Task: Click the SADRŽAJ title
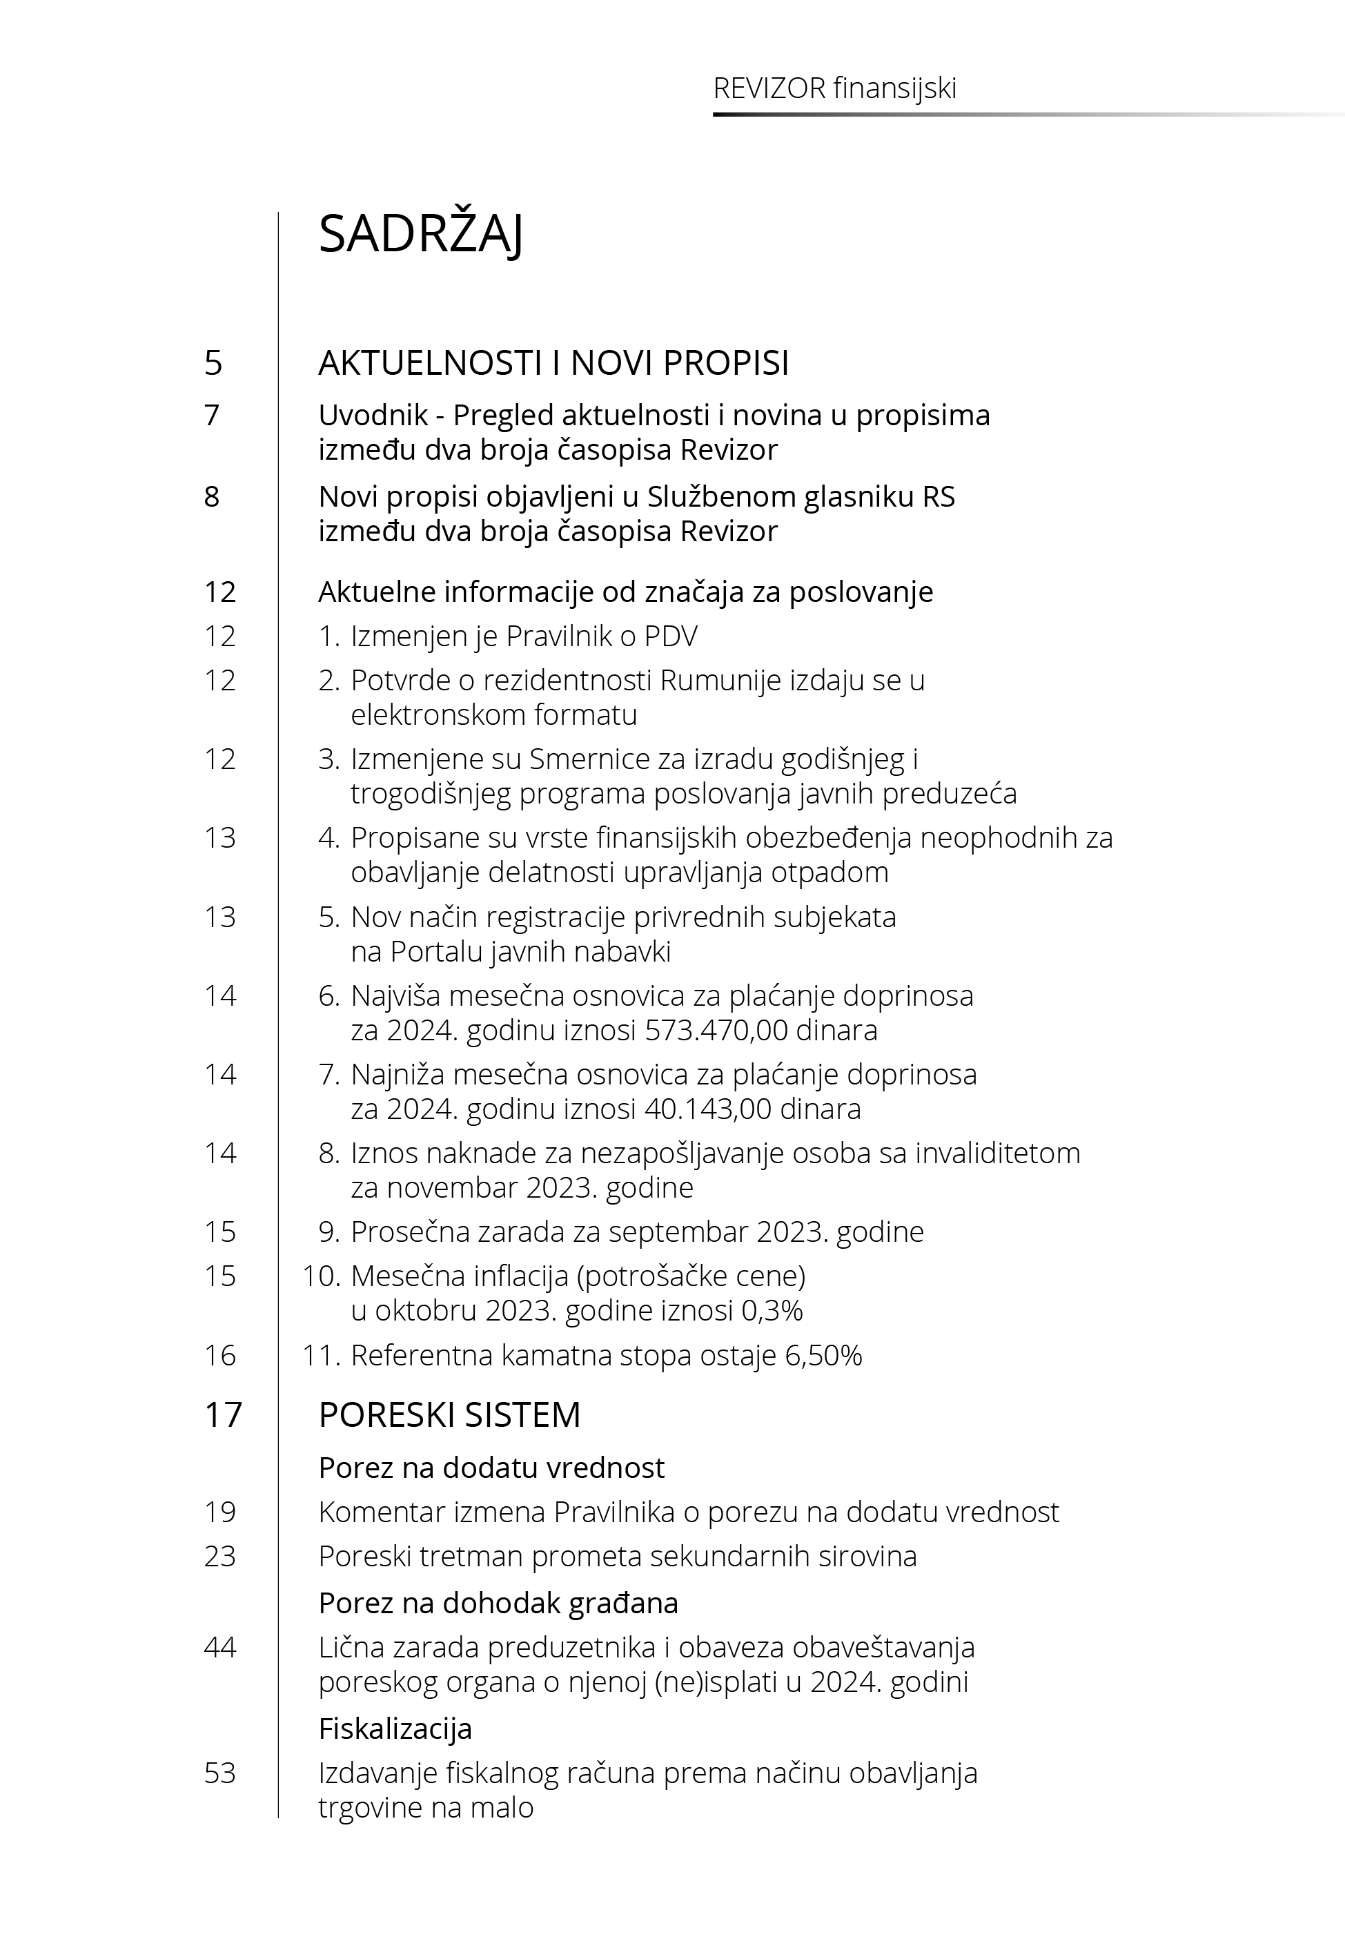tap(420, 234)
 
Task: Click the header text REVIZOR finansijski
tap(834, 88)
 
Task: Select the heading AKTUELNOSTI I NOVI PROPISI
tap(553, 363)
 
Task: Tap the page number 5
tap(213, 363)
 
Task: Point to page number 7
tap(213, 416)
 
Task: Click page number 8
tap(213, 496)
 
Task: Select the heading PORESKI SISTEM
tap(449, 1414)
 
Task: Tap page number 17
tap(222, 1414)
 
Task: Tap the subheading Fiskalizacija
tap(395, 1729)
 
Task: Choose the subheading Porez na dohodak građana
tap(498, 1602)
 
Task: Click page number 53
tap(220, 1773)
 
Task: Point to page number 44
tap(220, 1647)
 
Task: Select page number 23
tap(220, 1556)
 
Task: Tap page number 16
tap(220, 1355)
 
